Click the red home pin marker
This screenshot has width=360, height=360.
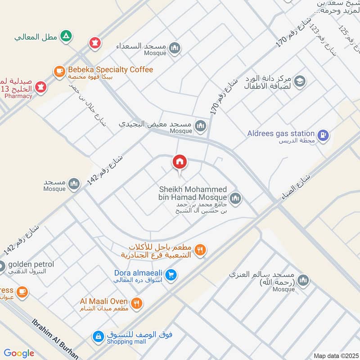click(x=180, y=162)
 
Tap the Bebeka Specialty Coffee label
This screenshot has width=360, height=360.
click(x=110, y=70)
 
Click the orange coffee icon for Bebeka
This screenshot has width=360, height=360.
click(x=59, y=71)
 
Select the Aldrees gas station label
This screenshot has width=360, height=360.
click(x=281, y=133)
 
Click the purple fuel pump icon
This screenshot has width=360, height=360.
click(x=323, y=135)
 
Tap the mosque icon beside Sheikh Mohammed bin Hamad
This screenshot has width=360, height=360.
click(x=235, y=198)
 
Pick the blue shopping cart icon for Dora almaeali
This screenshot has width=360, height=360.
click(x=170, y=274)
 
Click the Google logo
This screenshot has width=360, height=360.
click(x=19, y=353)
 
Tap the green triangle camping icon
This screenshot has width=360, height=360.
click(x=66, y=36)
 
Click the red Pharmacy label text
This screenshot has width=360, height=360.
click(x=18, y=96)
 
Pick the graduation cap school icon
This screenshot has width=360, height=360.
click(x=300, y=81)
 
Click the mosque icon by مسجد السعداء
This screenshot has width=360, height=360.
click(x=174, y=49)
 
